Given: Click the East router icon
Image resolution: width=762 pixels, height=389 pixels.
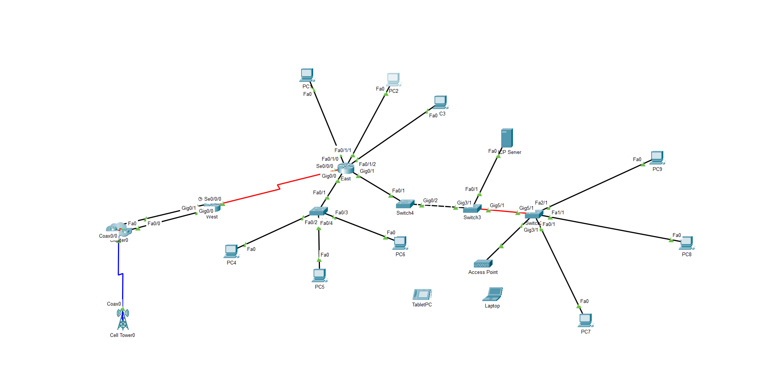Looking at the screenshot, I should (346, 168).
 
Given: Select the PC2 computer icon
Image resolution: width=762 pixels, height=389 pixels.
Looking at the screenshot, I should (393, 80).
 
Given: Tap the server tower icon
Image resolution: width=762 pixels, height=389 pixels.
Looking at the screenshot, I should (507, 138).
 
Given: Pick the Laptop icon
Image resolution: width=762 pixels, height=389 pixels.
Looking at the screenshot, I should (493, 294).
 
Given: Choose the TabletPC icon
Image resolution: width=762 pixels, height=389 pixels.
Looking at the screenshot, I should (422, 294).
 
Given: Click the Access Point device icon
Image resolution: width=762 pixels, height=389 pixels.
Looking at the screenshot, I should (483, 264).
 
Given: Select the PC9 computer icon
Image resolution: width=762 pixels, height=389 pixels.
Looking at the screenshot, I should (657, 158).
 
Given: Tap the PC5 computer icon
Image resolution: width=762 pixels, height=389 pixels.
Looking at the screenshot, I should (320, 275).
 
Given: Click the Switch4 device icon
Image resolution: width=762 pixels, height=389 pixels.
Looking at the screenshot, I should (405, 204).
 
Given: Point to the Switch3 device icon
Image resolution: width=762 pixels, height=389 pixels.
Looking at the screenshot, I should (472, 209).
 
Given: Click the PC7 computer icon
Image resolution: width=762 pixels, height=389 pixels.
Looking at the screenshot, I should (585, 321).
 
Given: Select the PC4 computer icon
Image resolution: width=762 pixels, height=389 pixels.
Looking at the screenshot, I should (231, 252).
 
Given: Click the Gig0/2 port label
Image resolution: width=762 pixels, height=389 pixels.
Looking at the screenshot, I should (430, 201).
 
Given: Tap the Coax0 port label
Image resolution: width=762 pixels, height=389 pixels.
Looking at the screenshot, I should (114, 304).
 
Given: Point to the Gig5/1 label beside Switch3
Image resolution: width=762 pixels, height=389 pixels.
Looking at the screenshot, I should (497, 206).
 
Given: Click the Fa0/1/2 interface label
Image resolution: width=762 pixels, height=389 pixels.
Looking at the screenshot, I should (367, 165).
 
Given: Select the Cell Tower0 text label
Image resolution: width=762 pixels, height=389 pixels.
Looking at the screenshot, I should (122, 335).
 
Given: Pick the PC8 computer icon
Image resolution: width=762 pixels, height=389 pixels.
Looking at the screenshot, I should (686, 243).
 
